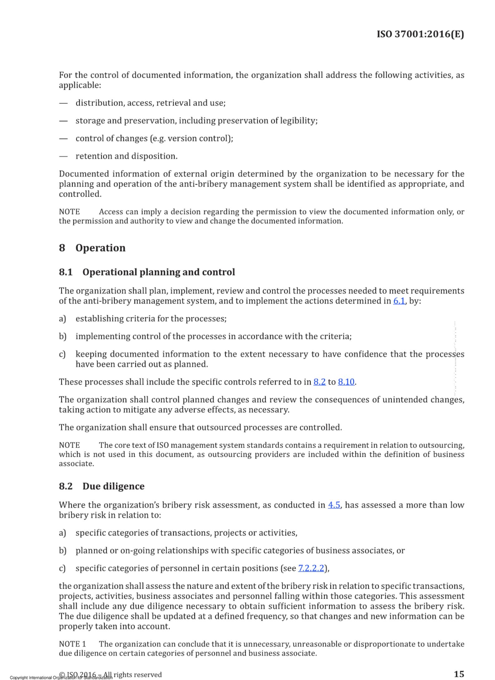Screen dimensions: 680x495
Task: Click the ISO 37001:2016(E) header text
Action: [x=420, y=34]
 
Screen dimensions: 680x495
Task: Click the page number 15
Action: [x=459, y=674]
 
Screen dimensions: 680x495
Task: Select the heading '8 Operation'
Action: [x=92, y=248]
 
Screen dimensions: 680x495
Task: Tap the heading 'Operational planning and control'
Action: [x=158, y=272]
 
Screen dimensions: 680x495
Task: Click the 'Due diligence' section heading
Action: [x=113, y=486]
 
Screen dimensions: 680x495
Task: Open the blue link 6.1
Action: [x=399, y=301]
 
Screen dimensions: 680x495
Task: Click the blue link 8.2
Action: [x=319, y=382]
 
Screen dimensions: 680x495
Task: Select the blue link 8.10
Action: [x=346, y=382]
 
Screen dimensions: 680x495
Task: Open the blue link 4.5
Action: [x=334, y=505]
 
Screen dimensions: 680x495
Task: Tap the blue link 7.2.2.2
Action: [x=311, y=568]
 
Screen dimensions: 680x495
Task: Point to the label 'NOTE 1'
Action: [x=72, y=644]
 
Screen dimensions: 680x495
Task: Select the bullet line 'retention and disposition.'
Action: [x=126, y=156]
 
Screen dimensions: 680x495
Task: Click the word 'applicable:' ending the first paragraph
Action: [x=80, y=85]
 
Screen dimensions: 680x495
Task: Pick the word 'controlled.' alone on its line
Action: [x=80, y=194]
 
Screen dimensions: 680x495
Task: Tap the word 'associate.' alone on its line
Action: [x=76, y=463]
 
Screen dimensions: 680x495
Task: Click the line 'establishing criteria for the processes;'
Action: [x=151, y=319]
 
